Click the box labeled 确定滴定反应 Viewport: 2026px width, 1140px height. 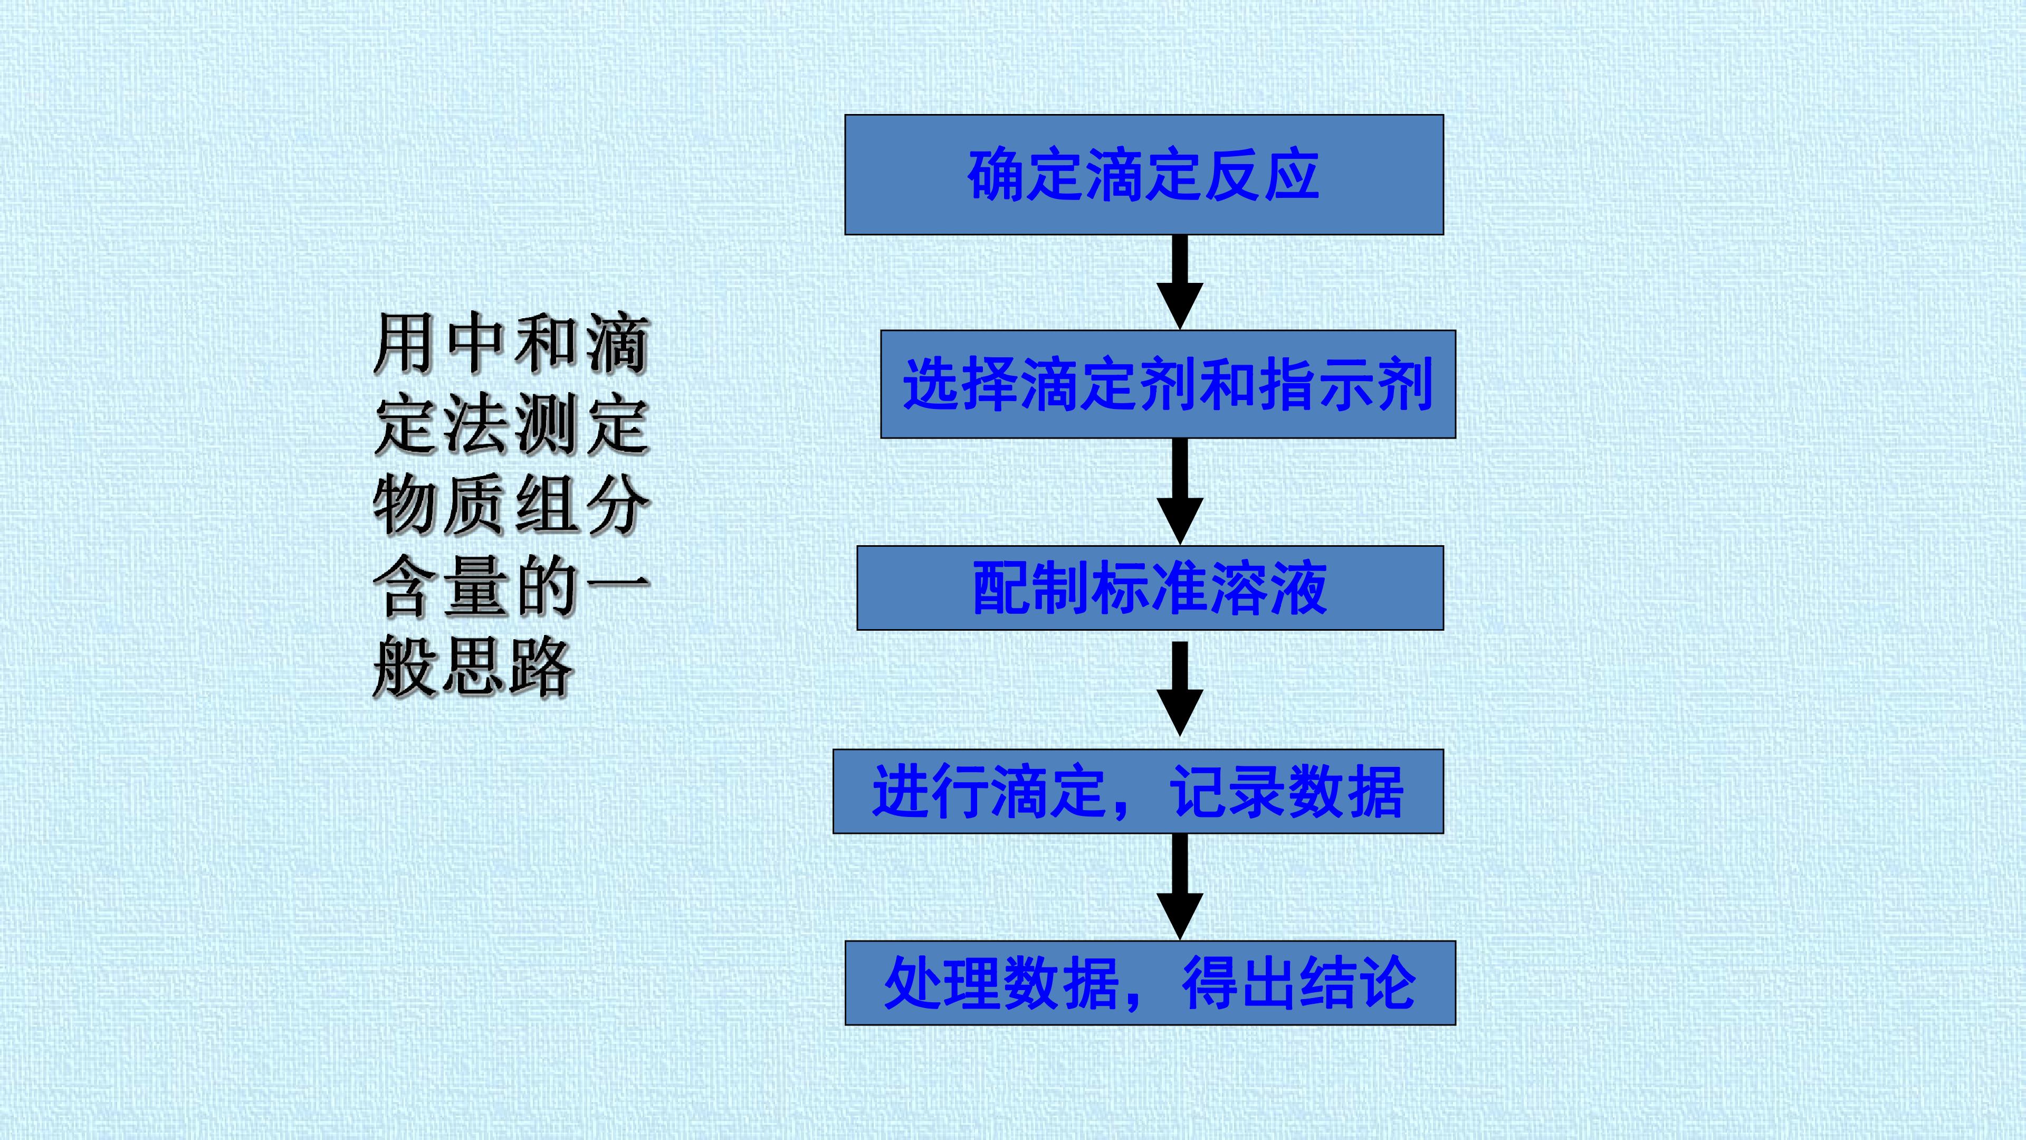tap(1143, 175)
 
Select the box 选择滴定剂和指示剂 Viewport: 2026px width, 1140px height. tap(1168, 384)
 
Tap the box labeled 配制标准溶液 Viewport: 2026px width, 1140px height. tap(1150, 588)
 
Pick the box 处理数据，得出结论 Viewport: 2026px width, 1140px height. tap(1150, 983)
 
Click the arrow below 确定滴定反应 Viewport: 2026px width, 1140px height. tap(1180, 282)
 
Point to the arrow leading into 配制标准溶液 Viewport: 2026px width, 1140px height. tap(1180, 491)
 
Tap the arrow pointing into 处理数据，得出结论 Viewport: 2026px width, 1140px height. tap(1180, 887)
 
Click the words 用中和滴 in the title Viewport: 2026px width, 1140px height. tap(512, 344)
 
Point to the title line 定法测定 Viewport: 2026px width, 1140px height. tap(512, 425)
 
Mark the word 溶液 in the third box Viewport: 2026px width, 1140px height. tap(1268, 588)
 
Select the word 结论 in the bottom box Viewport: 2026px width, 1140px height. tap(1358, 983)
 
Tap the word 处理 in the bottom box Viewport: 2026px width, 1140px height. tap(942, 983)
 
